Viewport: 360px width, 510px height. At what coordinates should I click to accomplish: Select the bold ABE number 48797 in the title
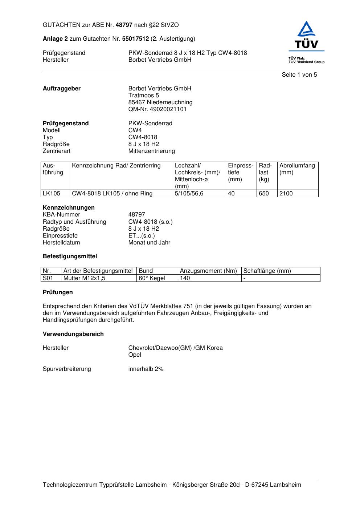pyautogui.click(x=124, y=25)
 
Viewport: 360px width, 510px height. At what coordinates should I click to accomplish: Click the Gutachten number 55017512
pyautogui.click(x=135, y=39)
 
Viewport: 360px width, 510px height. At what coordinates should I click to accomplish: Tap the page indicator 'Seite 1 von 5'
pyautogui.click(x=299, y=75)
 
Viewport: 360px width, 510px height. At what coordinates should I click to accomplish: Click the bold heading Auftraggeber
pyautogui.click(x=62, y=89)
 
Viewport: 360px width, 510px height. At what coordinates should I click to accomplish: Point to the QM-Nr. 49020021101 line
pyautogui.click(x=157, y=109)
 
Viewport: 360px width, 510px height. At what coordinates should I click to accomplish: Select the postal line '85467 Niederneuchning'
pyautogui.click(x=160, y=102)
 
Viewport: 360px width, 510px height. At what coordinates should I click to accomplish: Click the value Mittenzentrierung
pyautogui.click(x=151, y=151)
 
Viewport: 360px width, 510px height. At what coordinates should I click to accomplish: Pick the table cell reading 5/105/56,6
pyautogui.click(x=189, y=194)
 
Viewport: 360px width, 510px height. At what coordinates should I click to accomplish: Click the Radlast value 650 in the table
pyautogui.click(x=264, y=194)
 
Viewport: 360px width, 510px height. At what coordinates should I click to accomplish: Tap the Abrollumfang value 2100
pyautogui.click(x=286, y=194)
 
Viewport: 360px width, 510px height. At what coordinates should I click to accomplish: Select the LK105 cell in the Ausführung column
pyautogui.click(x=52, y=194)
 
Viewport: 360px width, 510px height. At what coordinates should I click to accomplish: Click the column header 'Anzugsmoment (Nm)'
pyautogui.click(x=208, y=271)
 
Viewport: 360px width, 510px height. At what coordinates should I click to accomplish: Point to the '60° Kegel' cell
pyautogui.click(x=152, y=278)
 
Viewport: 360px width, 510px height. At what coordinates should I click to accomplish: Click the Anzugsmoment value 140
pyautogui.click(x=185, y=278)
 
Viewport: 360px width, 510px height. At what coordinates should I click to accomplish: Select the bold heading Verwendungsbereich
pyautogui.click(x=73, y=334)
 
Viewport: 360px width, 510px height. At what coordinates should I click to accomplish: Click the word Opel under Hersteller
pyautogui.click(x=135, y=355)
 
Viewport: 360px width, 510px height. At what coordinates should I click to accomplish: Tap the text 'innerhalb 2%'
pyautogui.click(x=146, y=369)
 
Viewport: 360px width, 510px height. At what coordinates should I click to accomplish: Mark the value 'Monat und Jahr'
pyautogui.click(x=149, y=243)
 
